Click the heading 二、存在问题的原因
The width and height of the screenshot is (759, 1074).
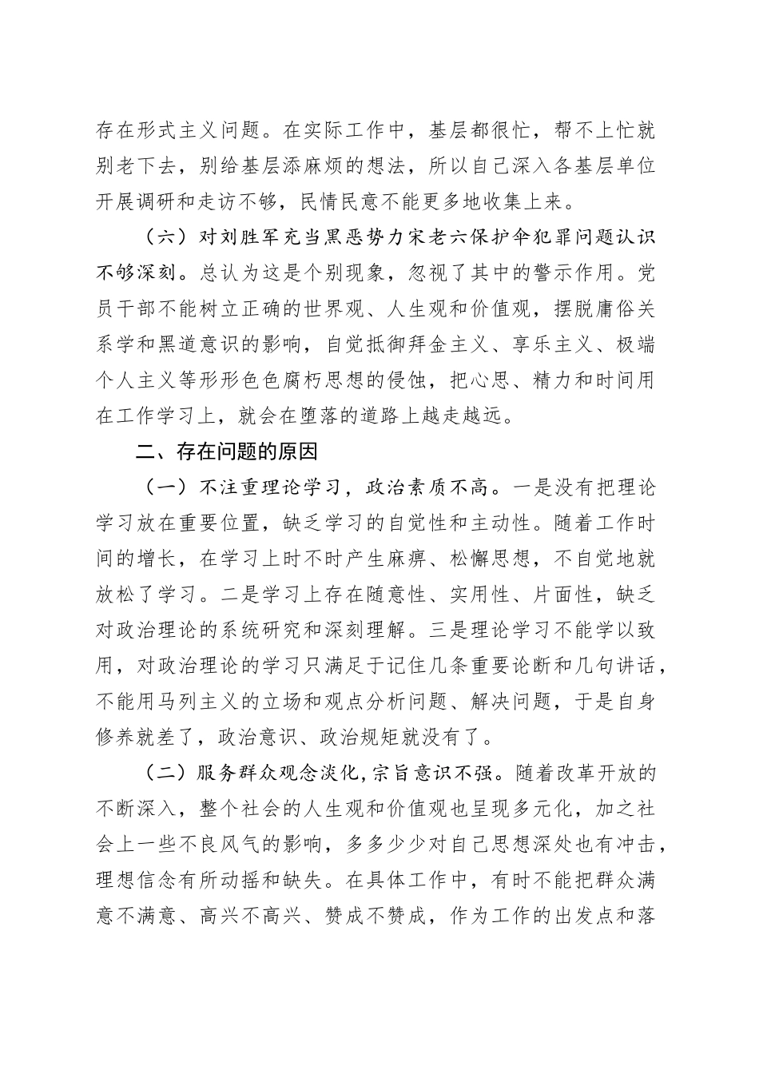(x=217, y=451)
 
